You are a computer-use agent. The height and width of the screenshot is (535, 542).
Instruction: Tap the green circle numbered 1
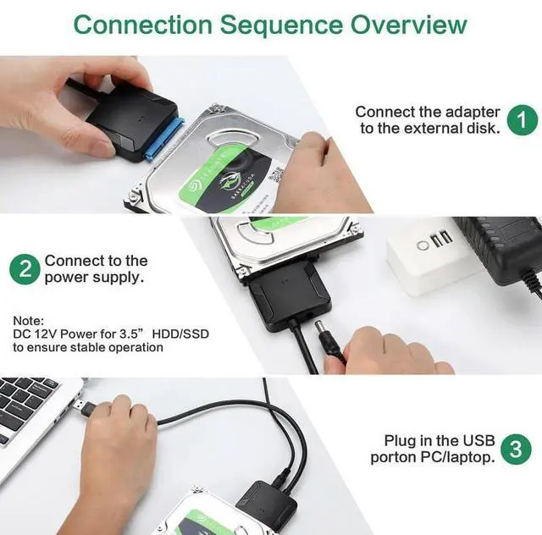pos(522,119)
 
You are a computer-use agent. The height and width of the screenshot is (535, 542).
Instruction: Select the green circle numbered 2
pos(25,270)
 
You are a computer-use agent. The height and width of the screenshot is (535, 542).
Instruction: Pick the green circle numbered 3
pos(514,449)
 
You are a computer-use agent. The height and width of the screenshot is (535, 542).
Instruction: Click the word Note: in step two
pos(29,321)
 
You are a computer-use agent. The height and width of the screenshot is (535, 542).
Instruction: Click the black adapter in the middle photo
pos(284,296)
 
